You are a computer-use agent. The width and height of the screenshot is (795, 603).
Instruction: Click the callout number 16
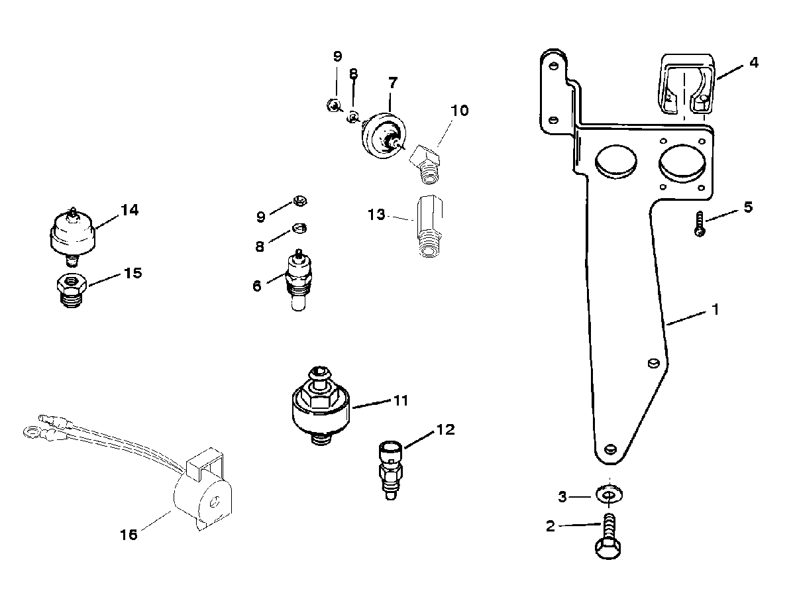129,535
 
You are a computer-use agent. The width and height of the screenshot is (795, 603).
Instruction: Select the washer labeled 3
609,495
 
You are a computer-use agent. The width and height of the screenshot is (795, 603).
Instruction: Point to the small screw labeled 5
700,225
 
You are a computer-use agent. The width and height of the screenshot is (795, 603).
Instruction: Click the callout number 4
754,63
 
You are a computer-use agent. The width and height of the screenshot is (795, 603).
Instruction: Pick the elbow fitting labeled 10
425,164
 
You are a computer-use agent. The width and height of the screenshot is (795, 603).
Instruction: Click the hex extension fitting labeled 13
429,226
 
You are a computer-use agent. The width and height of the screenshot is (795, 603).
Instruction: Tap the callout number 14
130,210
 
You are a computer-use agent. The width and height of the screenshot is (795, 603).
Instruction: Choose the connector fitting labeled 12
390,470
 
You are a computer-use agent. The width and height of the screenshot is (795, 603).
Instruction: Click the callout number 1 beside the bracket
715,309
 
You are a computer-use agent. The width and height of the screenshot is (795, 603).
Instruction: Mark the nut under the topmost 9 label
333,105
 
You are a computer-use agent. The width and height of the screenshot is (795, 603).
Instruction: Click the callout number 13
376,215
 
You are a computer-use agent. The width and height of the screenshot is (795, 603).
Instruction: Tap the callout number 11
401,400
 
